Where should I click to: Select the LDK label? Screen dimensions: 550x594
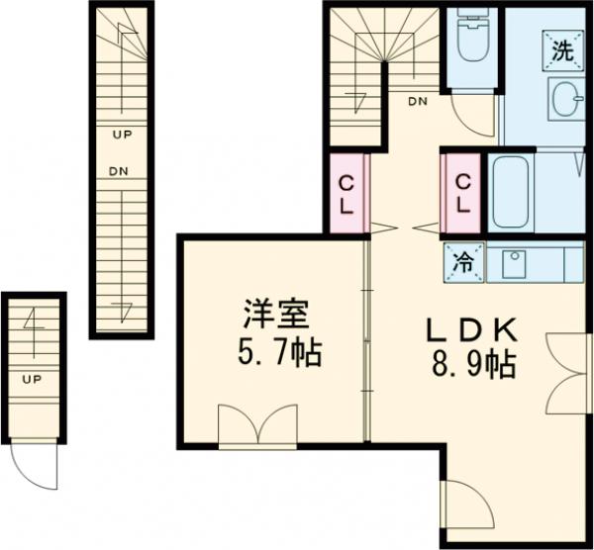click(x=471, y=329)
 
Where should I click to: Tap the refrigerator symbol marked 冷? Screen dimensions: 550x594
click(x=462, y=263)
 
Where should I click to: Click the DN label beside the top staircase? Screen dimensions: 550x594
click(x=417, y=102)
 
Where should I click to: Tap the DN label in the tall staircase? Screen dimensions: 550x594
click(x=119, y=170)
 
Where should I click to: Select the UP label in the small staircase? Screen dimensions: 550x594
click(x=32, y=378)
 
